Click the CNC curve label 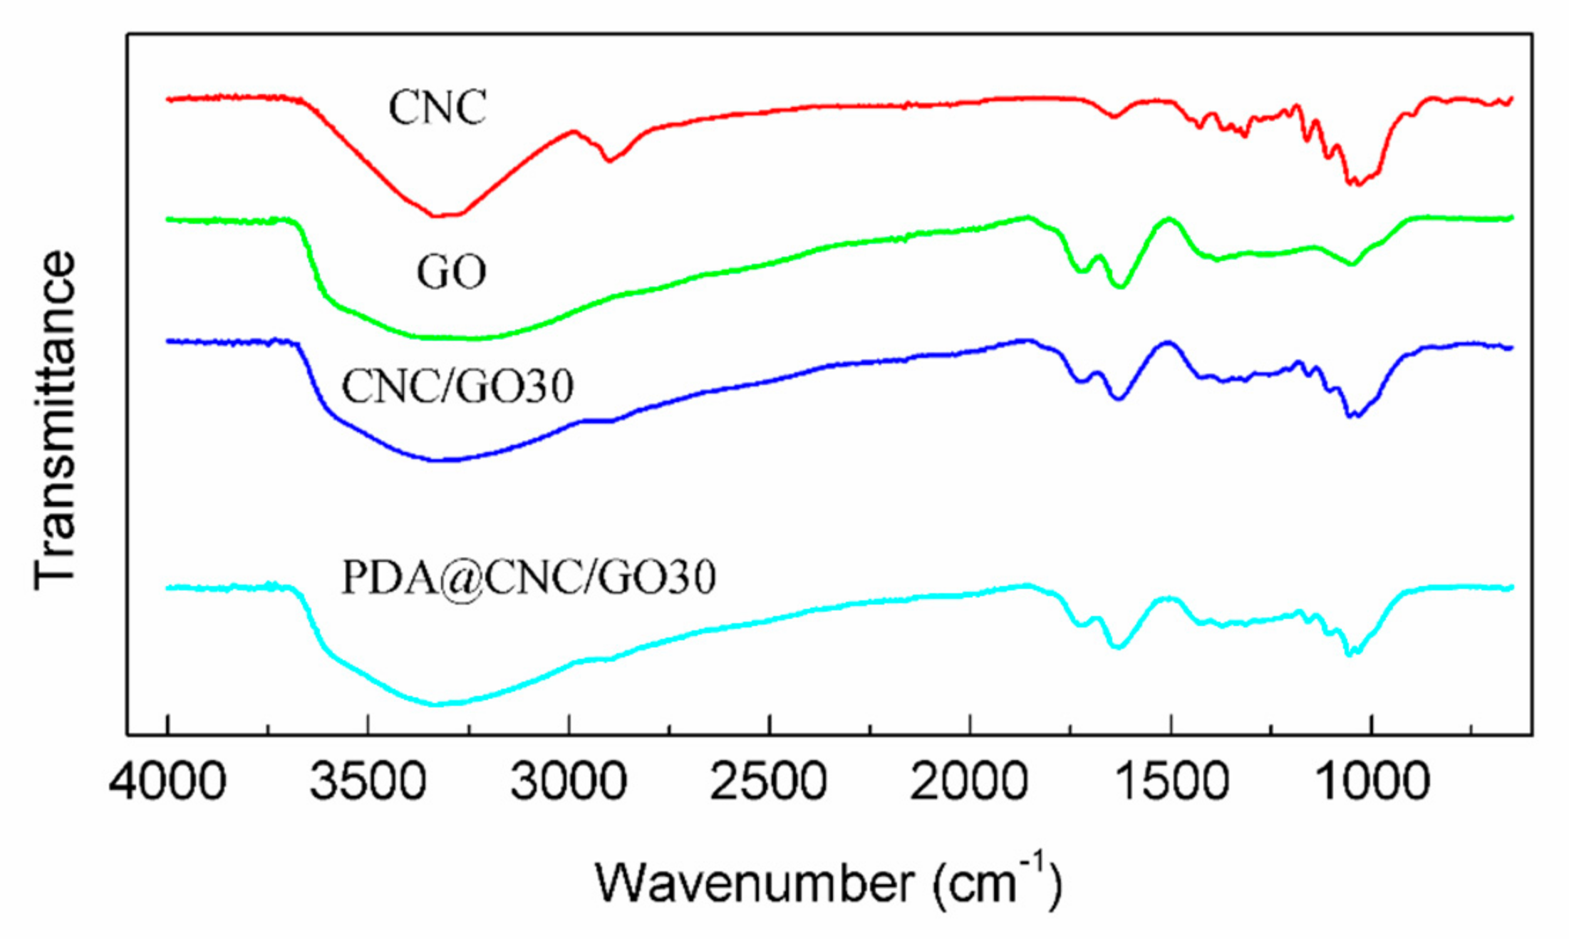tap(437, 108)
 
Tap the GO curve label tap(451, 272)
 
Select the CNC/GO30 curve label tap(457, 387)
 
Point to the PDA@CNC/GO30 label tap(529, 578)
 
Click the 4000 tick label tap(167, 781)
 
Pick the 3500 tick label tap(368, 781)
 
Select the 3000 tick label tap(569, 781)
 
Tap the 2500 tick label tap(769, 781)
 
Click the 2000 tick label tap(969, 781)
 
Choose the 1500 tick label tap(1170, 781)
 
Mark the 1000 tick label tap(1371, 781)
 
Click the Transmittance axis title tap(55, 421)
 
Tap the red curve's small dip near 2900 tap(609, 160)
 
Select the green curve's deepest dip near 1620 tap(1120, 287)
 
